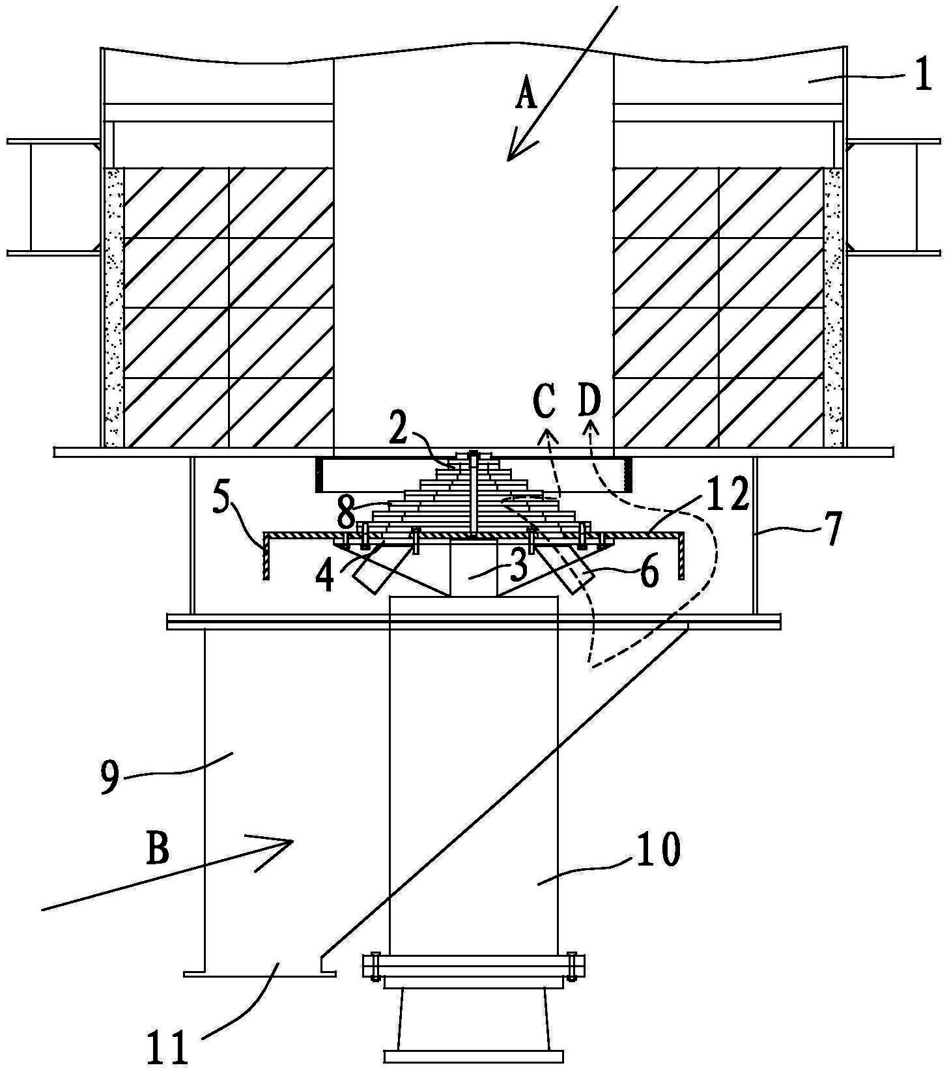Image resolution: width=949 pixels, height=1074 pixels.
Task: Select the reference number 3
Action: [x=518, y=567]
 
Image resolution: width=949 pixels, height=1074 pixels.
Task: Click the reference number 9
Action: [x=110, y=777]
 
